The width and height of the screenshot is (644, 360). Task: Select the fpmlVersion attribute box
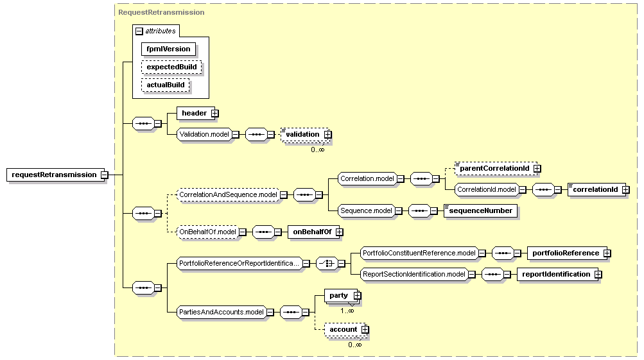coord(168,49)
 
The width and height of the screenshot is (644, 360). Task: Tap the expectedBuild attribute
coord(171,67)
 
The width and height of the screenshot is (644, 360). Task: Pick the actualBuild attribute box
coord(166,85)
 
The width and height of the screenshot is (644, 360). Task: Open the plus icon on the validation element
coord(327,134)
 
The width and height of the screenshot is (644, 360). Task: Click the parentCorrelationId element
coord(498,168)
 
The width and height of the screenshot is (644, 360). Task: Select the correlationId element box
coord(598,190)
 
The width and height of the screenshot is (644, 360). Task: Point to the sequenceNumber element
coord(480,211)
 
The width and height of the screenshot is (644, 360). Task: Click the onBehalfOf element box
coord(315,232)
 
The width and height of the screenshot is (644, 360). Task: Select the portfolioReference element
coord(569,253)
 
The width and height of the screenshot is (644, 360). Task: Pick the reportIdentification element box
coord(559,274)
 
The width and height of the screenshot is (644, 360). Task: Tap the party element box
coord(342,296)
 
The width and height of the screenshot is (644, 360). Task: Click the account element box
coord(347,330)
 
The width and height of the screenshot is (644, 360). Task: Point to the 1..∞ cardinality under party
coord(347,311)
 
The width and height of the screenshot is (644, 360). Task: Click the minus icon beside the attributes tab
coord(139,31)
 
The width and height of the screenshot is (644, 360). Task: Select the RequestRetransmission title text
coord(161,12)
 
